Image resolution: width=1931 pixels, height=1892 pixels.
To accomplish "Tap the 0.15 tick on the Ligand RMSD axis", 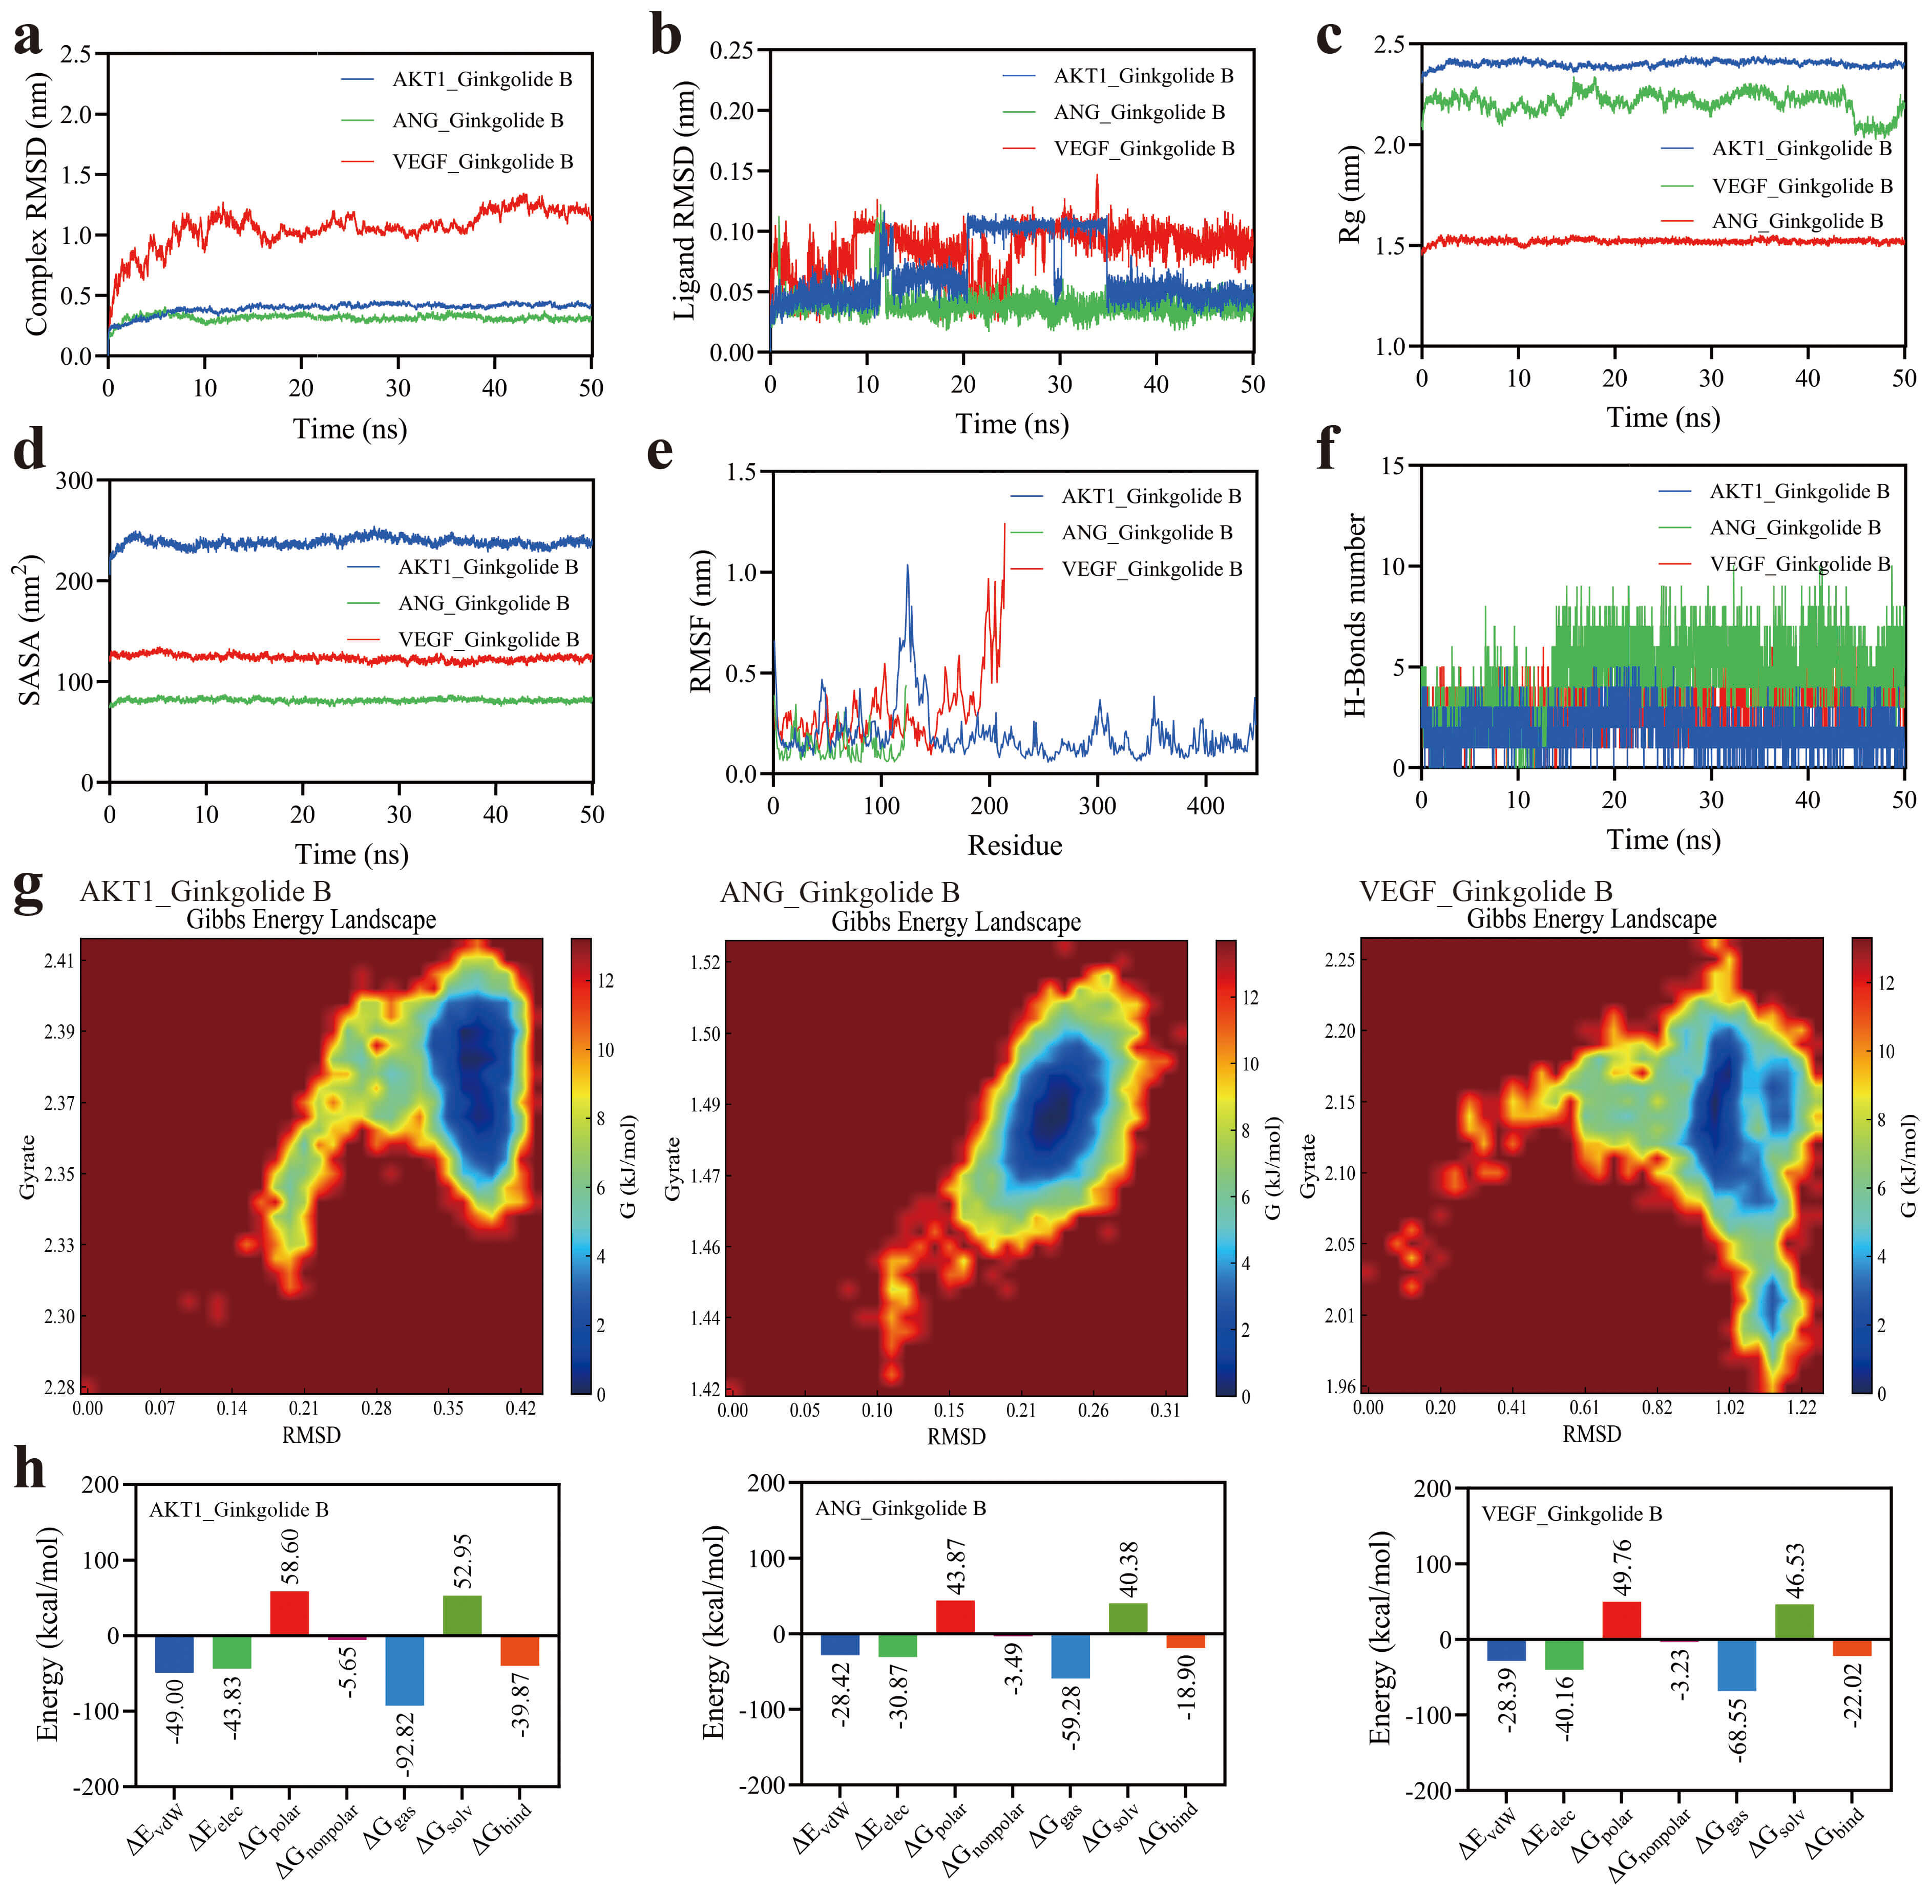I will (732, 171).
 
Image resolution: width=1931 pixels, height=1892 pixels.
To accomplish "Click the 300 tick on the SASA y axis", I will (75, 481).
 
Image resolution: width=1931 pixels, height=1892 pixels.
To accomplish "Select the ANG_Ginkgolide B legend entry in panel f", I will (1794, 528).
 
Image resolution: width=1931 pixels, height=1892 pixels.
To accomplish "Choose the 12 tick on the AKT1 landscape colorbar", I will (604, 981).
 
